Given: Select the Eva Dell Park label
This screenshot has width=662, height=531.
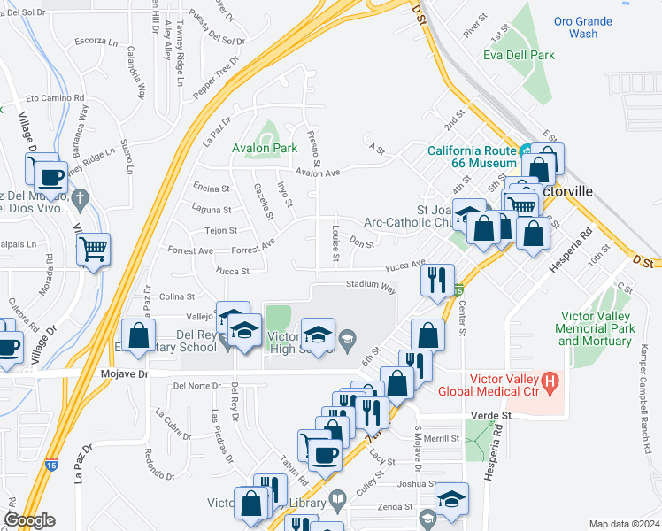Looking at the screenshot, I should (519, 55).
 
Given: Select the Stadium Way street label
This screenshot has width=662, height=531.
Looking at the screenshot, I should (370, 285).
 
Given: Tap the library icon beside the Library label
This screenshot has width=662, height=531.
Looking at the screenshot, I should (336, 502).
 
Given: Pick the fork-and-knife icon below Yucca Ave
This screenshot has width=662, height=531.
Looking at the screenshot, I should (436, 281).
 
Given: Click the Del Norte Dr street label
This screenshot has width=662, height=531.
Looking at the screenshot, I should (196, 386).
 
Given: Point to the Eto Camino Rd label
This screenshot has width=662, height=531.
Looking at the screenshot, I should (55, 98).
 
